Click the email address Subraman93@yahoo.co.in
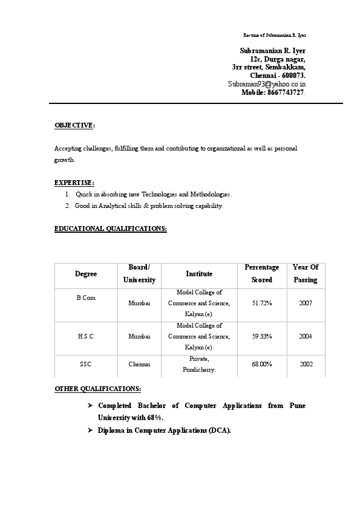(x=267, y=84)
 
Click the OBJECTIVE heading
(x=74, y=125)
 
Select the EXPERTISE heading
(x=74, y=182)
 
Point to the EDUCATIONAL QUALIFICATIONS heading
(x=111, y=229)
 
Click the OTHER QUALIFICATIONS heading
(x=98, y=388)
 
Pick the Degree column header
(x=86, y=274)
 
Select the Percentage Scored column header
(x=262, y=273)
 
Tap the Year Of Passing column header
(x=306, y=273)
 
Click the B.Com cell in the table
(x=86, y=298)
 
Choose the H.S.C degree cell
(x=86, y=336)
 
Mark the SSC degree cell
(x=86, y=364)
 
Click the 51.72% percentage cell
(x=262, y=303)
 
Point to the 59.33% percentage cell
(x=262, y=336)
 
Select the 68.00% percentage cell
(x=262, y=364)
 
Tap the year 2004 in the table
(x=306, y=336)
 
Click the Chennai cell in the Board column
(x=139, y=364)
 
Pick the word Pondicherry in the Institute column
(x=199, y=369)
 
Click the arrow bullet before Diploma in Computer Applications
(x=90, y=430)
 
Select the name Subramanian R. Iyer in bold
(x=273, y=51)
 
